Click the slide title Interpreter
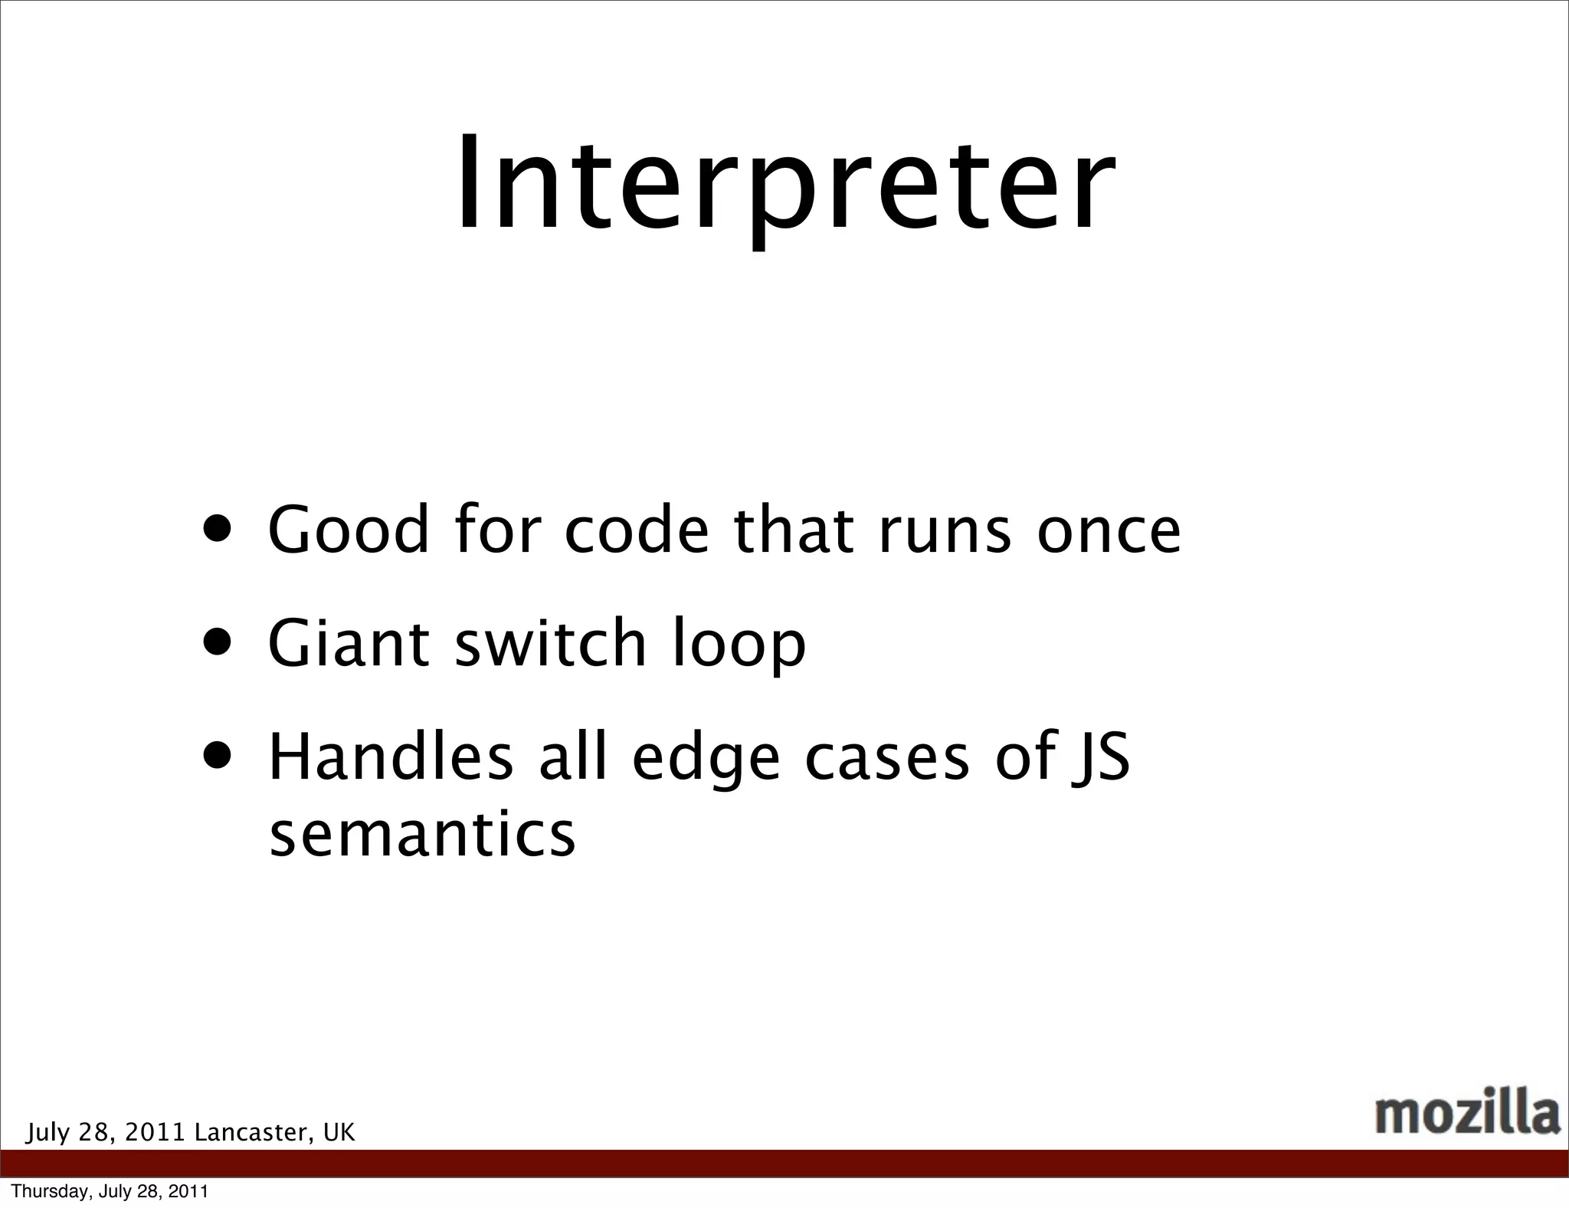[784, 184]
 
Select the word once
[1109, 530]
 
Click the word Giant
[349, 643]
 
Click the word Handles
[391, 757]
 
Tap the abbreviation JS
[1101, 758]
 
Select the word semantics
[422, 835]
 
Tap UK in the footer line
[339, 1132]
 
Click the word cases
[887, 758]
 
